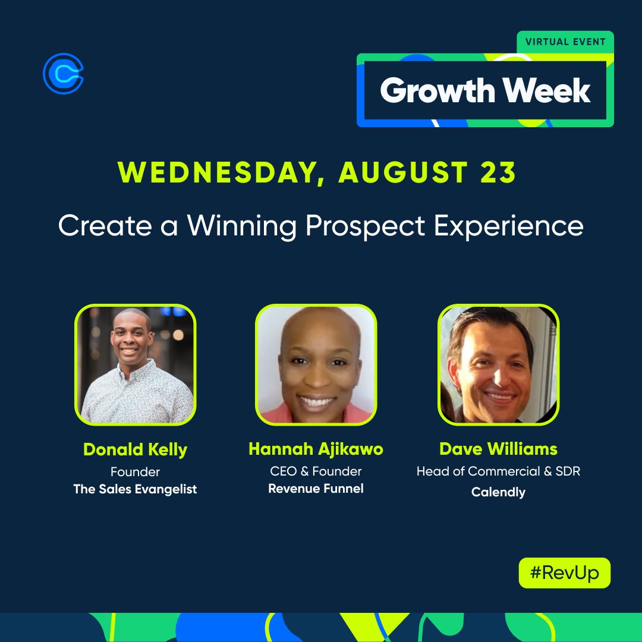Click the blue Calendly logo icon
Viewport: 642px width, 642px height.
click(63, 73)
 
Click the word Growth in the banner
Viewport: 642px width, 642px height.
click(438, 91)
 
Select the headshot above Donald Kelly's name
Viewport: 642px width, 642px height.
click(136, 364)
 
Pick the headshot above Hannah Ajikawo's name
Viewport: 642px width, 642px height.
click(316, 364)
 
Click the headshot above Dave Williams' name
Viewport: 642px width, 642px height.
click(498, 364)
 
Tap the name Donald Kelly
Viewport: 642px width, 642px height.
click(136, 449)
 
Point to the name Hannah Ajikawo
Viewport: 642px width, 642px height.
click(316, 449)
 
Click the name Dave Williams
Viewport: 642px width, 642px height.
click(498, 449)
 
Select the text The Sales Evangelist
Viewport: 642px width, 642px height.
click(136, 489)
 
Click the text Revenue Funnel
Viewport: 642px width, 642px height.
click(316, 489)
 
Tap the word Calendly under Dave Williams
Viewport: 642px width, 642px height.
click(498, 492)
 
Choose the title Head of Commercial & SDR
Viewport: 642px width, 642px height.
click(498, 471)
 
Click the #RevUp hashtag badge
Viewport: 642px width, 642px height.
click(564, 573)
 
